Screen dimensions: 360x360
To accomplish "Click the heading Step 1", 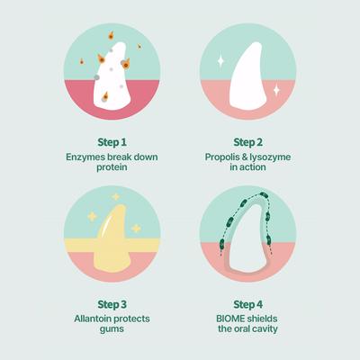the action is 112,142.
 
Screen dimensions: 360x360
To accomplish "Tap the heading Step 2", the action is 248,142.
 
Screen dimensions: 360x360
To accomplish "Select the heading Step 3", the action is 112,304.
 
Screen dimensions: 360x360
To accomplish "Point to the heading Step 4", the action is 248,304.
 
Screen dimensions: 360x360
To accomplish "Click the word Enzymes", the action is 85,157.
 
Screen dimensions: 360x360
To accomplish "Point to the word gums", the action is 112,329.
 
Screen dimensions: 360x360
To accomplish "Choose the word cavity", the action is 265,328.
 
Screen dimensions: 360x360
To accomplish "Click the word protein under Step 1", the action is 112,167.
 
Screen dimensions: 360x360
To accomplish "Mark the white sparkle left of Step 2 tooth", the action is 220,60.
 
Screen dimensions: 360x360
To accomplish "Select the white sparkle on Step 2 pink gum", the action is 276,90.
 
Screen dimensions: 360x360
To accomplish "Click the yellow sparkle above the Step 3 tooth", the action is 115,197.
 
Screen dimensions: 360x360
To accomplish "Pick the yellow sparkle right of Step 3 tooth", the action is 136,229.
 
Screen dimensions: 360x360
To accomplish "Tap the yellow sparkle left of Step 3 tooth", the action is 92,217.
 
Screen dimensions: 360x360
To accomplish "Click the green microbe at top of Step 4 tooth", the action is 264,195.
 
